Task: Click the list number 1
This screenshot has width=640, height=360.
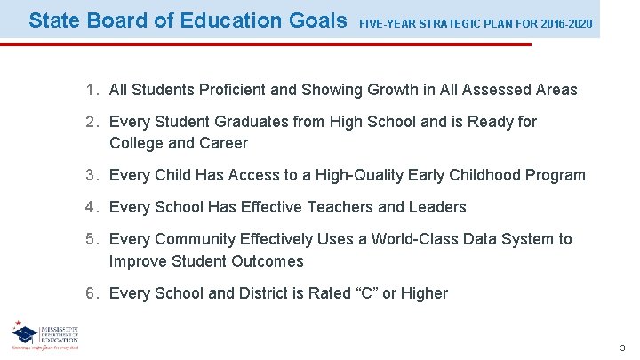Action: (x=92, y=90)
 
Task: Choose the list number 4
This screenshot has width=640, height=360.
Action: (x=92, y=207)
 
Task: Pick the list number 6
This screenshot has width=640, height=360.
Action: (x=92, y=293)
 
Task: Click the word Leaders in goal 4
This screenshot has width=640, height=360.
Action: (x=436, y=207)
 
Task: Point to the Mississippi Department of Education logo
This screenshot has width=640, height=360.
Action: (x=44, y=334)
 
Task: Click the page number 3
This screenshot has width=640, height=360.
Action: (x=623, y=348)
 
